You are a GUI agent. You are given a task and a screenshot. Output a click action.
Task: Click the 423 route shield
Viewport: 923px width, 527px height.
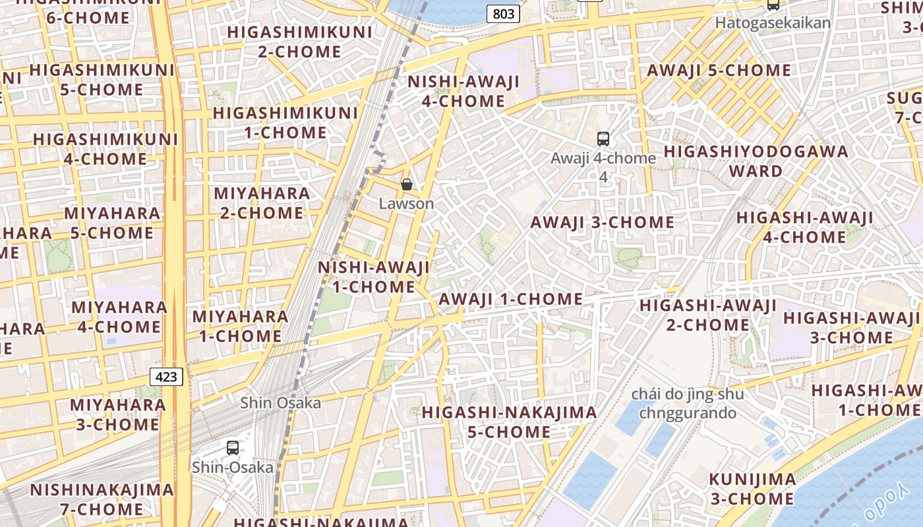[x=166, y=377]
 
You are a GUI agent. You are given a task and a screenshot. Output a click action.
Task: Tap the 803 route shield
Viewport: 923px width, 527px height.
[x=504, y=13]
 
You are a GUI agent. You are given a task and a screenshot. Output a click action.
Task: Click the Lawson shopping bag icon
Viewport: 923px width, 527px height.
[x=407, y=184]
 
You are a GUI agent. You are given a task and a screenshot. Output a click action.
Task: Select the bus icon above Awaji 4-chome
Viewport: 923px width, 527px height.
[x=603, y=139]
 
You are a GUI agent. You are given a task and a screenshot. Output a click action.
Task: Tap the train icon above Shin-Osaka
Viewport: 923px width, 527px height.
[x=233, y=448]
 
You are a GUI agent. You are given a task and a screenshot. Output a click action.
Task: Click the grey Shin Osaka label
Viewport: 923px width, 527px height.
[x=280, y=402]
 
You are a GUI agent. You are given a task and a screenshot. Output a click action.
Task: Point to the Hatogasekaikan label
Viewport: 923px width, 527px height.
[x=773, y=22]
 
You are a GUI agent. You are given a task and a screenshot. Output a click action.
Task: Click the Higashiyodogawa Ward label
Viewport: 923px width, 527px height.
[x=756, y=161]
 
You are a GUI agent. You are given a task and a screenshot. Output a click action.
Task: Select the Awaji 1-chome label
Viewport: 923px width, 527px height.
[x=510, y=299]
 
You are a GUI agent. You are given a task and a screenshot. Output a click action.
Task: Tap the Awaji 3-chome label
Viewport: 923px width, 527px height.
[x=602, y=222]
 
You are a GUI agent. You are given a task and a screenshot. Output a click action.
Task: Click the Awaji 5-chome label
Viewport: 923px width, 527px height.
[x=719, y=70]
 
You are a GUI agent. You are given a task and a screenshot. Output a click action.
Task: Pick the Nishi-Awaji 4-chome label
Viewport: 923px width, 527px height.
[x=463, y=92]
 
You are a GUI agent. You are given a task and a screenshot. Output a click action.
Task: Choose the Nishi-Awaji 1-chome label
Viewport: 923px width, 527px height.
[x=374, y=277]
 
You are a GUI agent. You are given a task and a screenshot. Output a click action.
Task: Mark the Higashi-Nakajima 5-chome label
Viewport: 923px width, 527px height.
[x=509, y=422]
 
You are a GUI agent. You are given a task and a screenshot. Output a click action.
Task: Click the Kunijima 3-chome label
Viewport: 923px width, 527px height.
[x=752, y=488]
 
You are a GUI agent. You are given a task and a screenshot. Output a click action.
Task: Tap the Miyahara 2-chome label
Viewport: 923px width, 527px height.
[x=262, y=203]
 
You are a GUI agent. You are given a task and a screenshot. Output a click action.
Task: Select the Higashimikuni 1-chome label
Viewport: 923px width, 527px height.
[x=285, y=123]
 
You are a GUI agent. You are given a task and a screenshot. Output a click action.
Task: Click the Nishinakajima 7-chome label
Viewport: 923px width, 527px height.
[x=102, y=499]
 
